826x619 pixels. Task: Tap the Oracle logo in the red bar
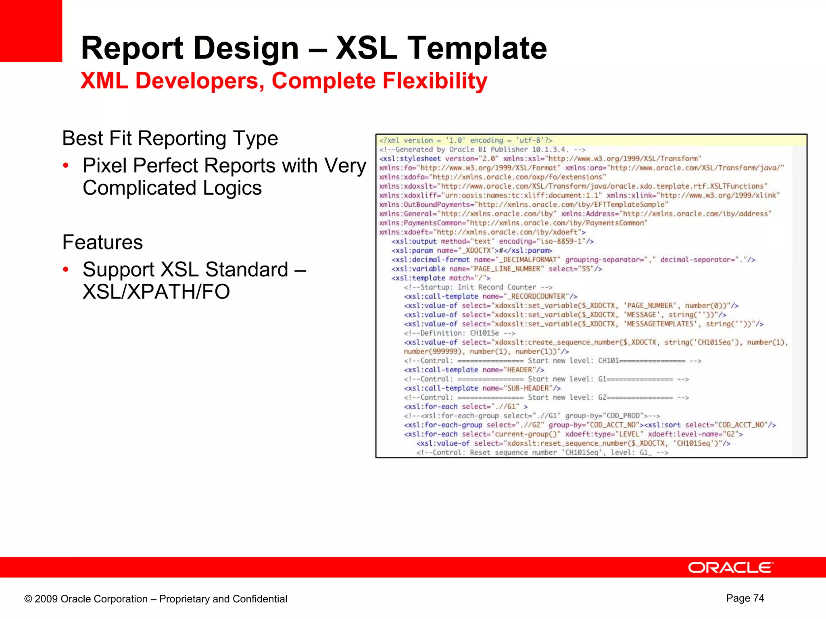730,567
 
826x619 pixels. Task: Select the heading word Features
102,243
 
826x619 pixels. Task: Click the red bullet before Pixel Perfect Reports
66,166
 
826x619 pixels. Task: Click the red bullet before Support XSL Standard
66,270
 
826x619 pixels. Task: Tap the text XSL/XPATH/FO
156,292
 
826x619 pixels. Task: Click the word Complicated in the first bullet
140,188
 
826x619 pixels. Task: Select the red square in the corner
31,31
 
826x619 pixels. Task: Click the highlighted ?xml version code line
466,140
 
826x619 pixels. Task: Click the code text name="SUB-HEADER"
517,388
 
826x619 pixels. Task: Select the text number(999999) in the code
432,351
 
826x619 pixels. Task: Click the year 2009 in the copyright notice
46,599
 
